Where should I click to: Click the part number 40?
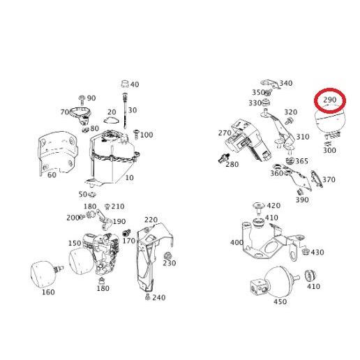[x=135, y=84]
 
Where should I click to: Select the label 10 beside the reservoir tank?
[x=129, y=178]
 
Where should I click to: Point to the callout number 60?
[x=52, y=175]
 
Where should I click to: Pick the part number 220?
[x=151, y=220]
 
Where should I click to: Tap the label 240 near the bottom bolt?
[x=158, y=298]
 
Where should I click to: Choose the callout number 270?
[x=224, y=133]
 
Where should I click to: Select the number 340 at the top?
[x=286, y=84]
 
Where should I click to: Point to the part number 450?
[x=280, y=302]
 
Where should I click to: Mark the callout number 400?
[x=237, y=243]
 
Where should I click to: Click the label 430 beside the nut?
[x=317, y=253]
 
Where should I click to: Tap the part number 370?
[x=329, y=179]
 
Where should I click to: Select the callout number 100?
[x=147, y=135]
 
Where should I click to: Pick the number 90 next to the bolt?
[x=91, y=98]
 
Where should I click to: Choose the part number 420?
[x=273, y=205]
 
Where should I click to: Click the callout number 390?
[x=302, y=200]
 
